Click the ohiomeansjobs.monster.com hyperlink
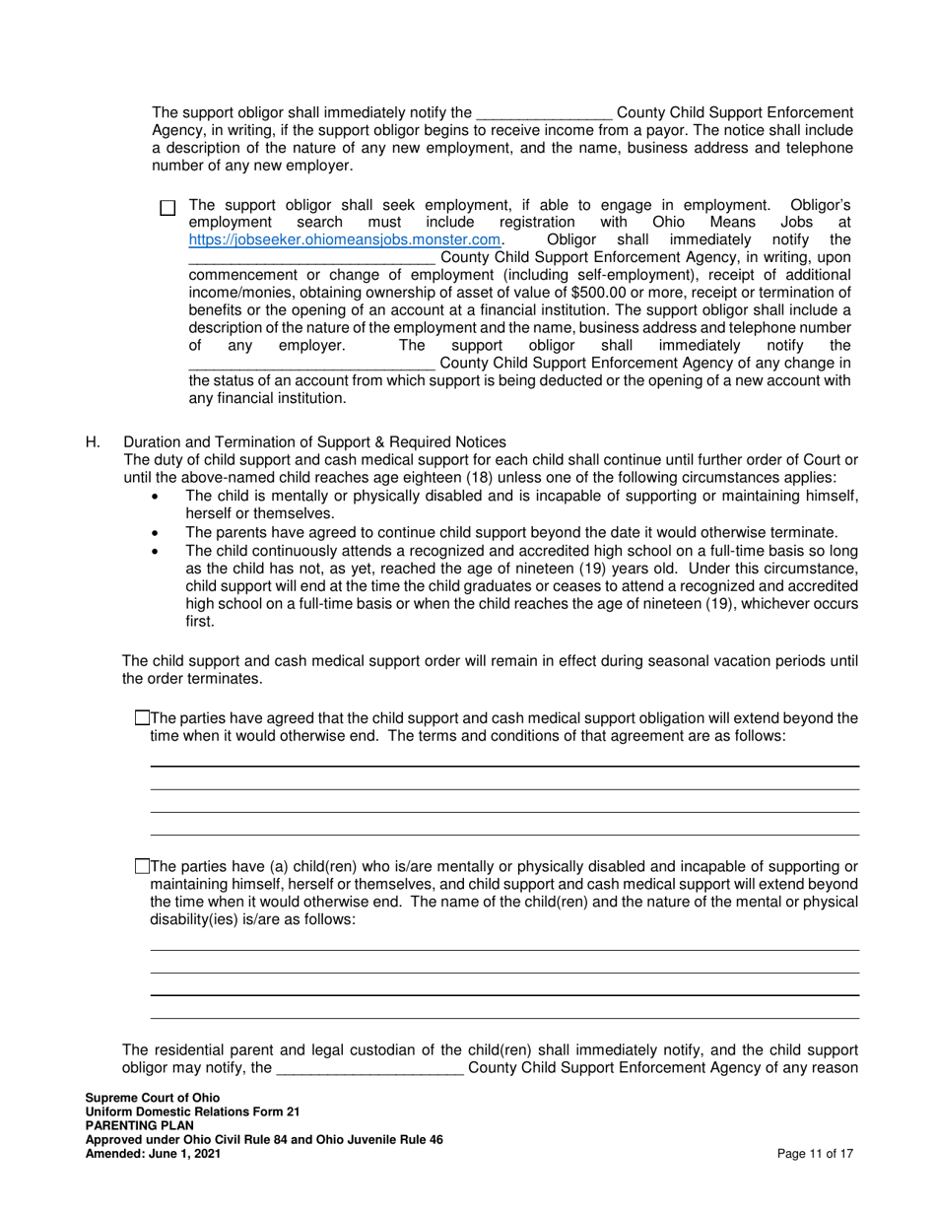[x=345, y=239]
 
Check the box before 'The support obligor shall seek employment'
[x=167, y=208]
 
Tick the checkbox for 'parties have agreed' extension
[x=142, y=718]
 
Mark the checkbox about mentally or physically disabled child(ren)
[x=142, y=866]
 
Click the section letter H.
[x=93, y=442]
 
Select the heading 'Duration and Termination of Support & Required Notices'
[x=314, y=442]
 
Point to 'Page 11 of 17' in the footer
[x=814, y=1153]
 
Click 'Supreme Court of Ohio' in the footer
[x=153, y=1098]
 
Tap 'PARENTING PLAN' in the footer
[x=139, y=1125]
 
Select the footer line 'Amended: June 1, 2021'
[x=153, y=1153]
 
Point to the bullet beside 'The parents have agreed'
[x=153, y=532]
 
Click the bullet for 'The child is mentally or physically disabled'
[x=153, y=497]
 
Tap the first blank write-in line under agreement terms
[x=503, y=765]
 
